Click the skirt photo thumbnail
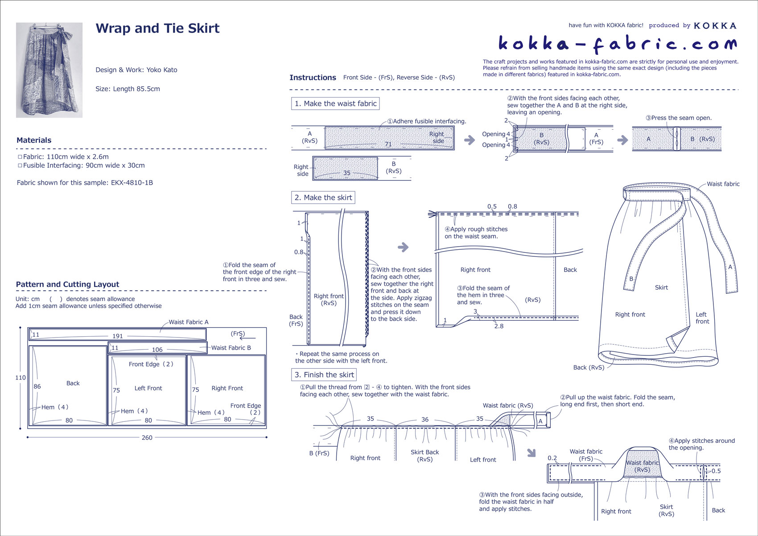coord(49,70)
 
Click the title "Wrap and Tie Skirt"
coord(157,28)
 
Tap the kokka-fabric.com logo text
coord(617,44)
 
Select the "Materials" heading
coord(34,140)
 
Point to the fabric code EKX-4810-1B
coord(132,182)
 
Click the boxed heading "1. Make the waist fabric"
coord(335,103)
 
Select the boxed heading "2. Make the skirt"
coord(323,198)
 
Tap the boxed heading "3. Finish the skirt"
coord(324,375)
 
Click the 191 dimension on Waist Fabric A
coord(118,336)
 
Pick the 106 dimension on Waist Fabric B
coord(157,350)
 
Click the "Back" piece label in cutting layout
coord(73,383)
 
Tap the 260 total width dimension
coord(147,437)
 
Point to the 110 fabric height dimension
coord(21,378)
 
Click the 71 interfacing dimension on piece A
coord(388,144)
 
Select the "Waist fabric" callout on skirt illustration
coord(723,184)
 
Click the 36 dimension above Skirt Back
coord(425,420)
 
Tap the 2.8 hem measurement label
coord(498,326)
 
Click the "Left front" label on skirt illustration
coord(702,318)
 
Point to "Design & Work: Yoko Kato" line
coord(136,70)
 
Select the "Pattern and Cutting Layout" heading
coord(67,284)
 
